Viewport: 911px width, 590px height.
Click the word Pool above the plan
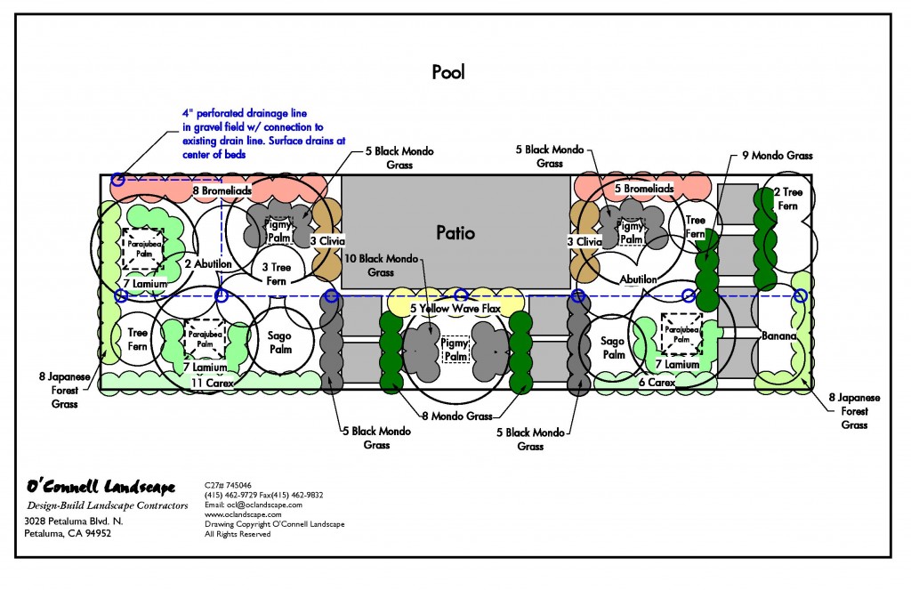coord(448,72)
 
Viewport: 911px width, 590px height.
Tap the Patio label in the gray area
coord(455,233)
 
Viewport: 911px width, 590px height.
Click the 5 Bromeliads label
coord(644,190)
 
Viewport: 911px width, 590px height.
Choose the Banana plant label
coord(778,336)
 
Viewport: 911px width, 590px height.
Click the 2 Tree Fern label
coord(788,198)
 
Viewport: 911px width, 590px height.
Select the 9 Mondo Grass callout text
coord(777,156)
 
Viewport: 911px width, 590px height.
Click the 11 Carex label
coord(208,383)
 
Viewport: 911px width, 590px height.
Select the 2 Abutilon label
coord(207,264)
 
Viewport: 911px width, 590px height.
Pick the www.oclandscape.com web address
coord(243,514)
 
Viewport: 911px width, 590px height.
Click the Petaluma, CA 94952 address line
coord(68,534)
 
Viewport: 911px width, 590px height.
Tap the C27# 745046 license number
coord(229,485)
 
